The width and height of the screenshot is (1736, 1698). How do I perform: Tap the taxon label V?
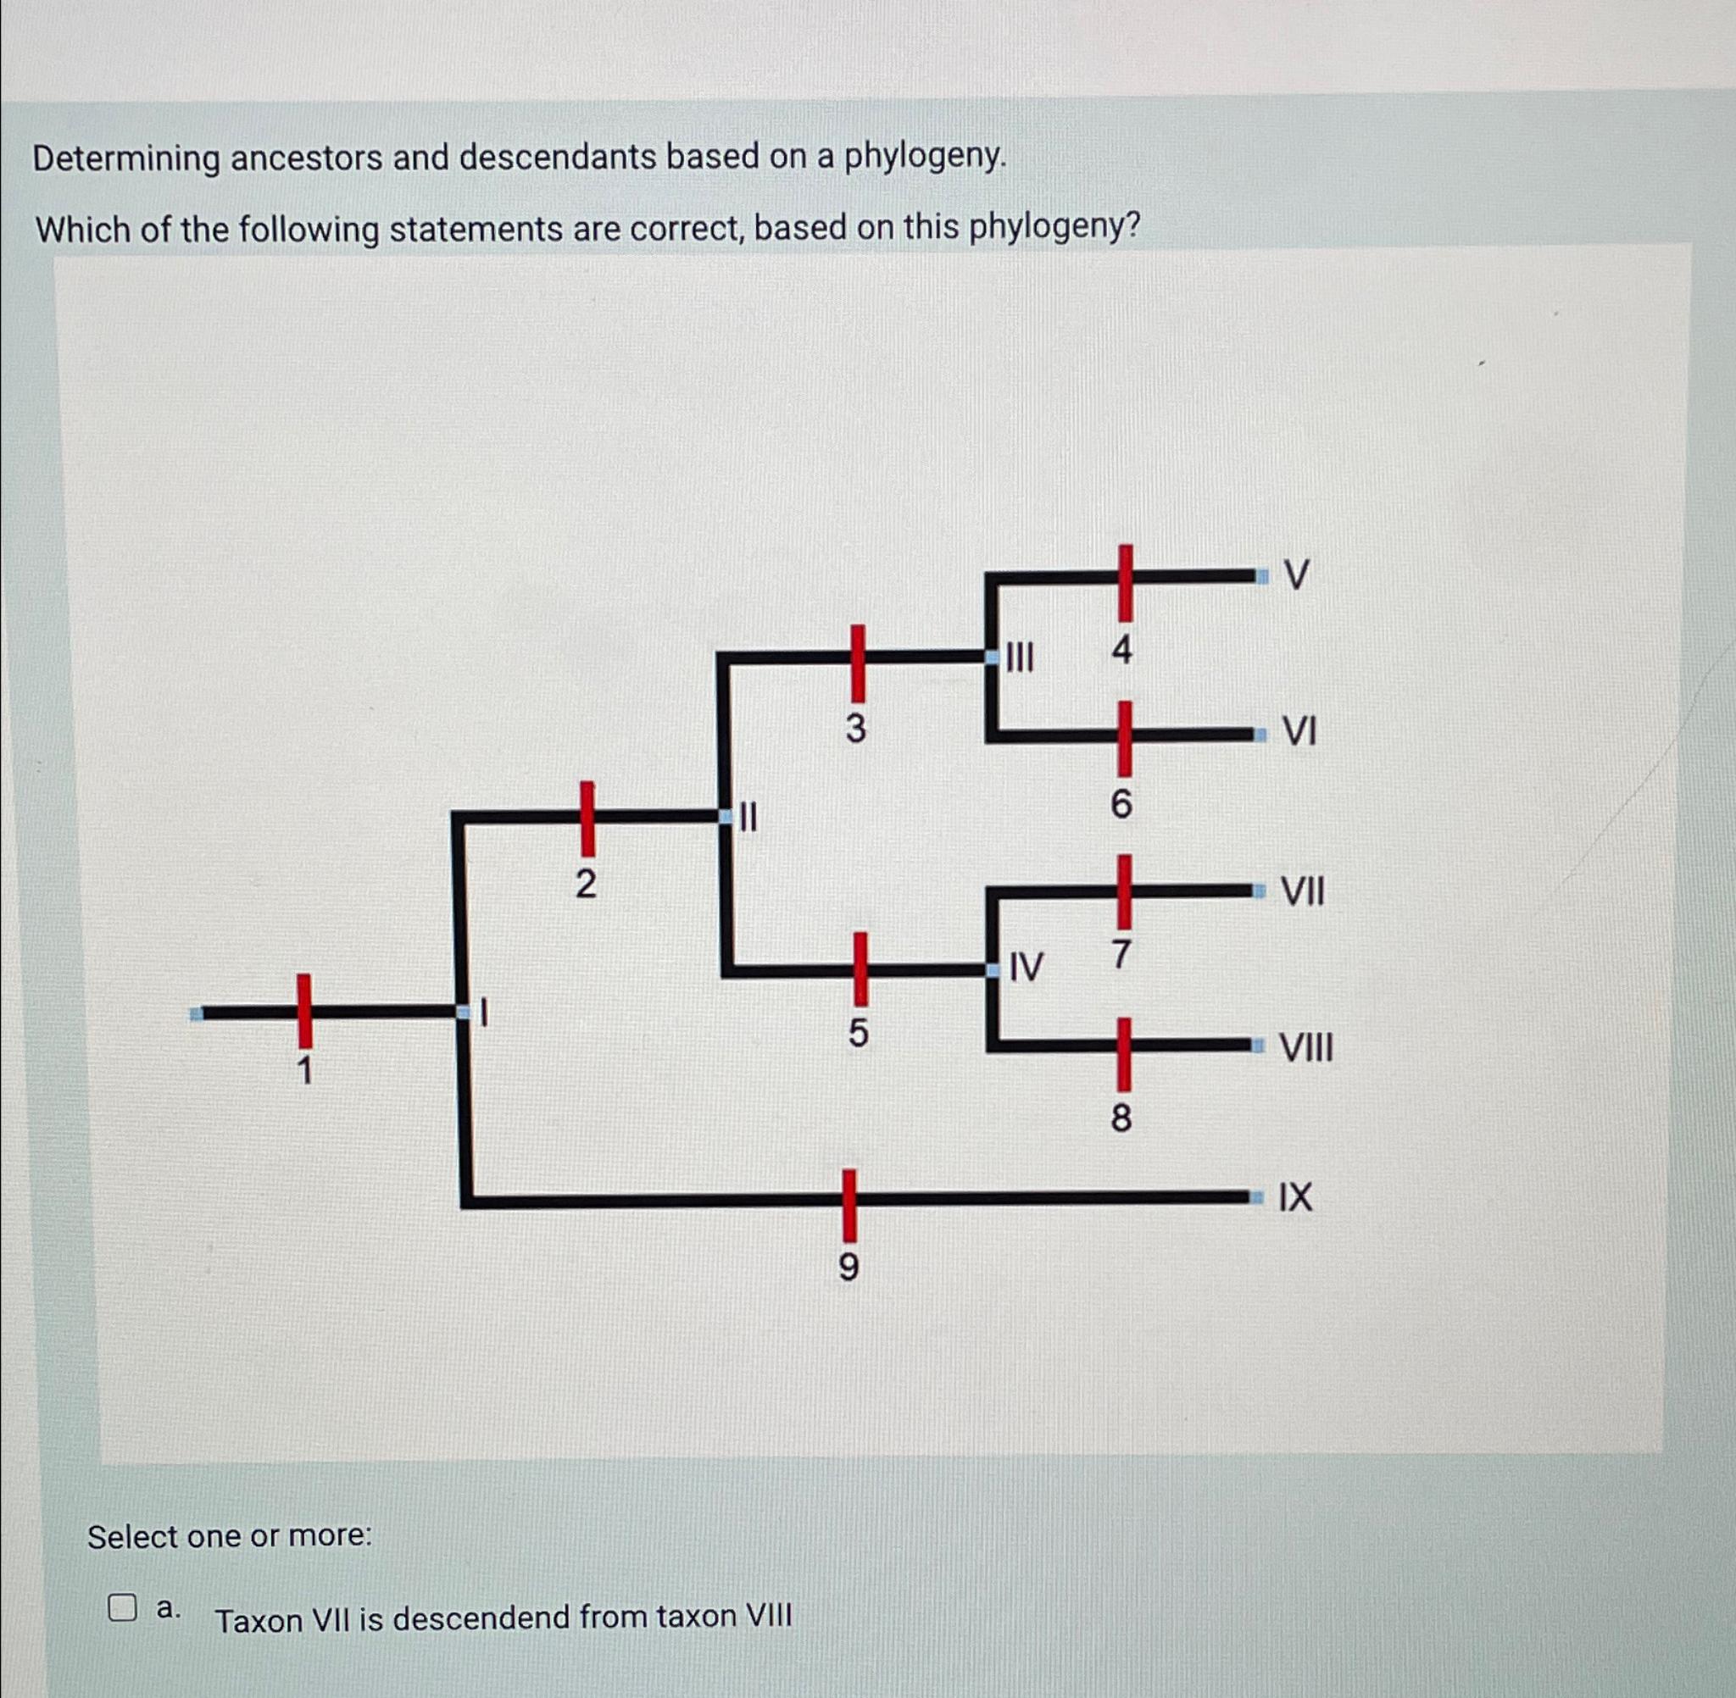[x=1297, y=575]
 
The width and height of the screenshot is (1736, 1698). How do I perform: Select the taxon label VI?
[x=1299, y=732]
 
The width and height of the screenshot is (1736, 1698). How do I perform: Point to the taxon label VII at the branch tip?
[x=1303, y=891]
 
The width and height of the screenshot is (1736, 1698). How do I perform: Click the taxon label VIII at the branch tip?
[x=1307, y=1046]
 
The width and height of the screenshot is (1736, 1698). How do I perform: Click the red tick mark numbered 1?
[x=305, y=1011]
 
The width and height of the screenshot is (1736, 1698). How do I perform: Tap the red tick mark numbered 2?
[x=587, y=817]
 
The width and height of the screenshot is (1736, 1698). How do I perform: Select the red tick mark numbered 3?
[x=856, y=663]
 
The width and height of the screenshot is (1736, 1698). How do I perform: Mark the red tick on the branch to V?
[x=1126, y=582]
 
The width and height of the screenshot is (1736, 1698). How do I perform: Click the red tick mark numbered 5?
[x=859, y=968]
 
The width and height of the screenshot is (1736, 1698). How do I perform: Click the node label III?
[x=1020, y=659]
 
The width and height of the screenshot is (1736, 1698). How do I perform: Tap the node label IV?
[x=1026, y=967]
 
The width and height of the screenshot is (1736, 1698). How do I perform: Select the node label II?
[x=748, y=817]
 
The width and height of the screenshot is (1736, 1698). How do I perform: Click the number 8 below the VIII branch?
[x=1121, y=1118]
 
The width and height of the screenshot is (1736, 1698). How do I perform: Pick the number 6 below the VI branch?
[x=1121, y=804]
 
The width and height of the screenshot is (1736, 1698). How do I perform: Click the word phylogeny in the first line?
[x=924, y=157]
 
